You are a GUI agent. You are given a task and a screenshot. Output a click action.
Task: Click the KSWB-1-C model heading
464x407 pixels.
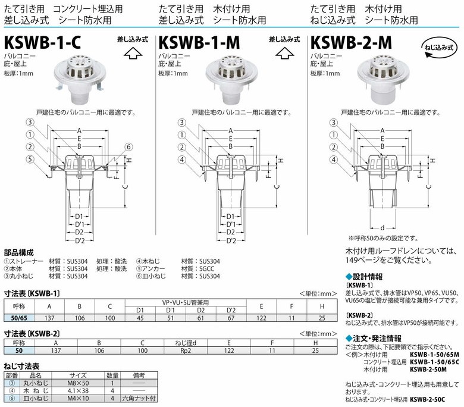click(42, 42)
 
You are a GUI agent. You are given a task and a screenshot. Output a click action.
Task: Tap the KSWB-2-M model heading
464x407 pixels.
click(351, 42)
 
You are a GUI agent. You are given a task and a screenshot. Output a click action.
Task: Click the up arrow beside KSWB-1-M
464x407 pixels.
click(284, 54)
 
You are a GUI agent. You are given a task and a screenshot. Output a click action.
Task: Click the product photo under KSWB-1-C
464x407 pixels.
click(80, 79)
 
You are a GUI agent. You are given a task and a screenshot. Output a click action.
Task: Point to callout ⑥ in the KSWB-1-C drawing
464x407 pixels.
click(128, 147)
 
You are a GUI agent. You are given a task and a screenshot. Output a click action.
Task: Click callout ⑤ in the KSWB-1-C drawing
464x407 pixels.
click(30, 159)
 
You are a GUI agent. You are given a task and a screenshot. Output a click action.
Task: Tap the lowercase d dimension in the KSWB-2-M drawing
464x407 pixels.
click(383, 228)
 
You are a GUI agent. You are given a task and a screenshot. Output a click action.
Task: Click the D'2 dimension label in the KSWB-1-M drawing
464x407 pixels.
click(231, 240)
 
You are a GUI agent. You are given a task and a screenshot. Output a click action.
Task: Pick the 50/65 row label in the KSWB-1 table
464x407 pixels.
click(19, 318)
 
